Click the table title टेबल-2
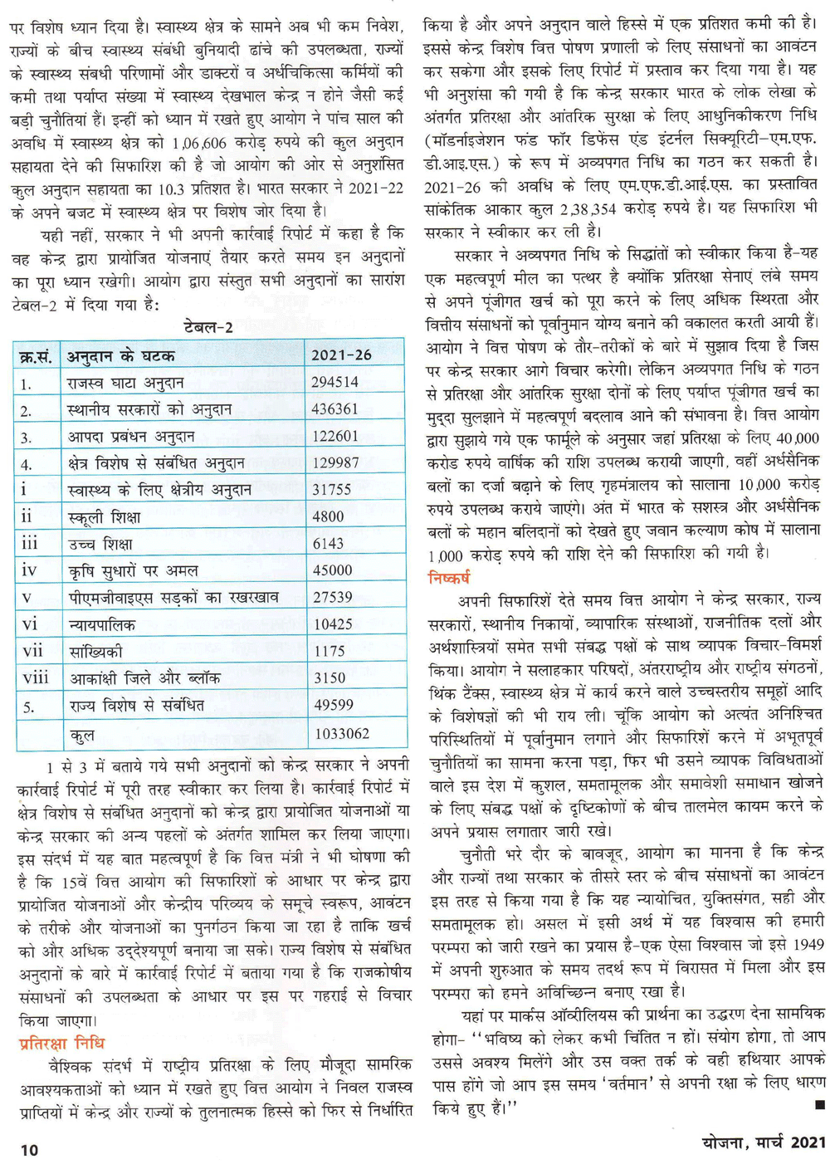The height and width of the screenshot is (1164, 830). pyautogui.click(x=208, y=327)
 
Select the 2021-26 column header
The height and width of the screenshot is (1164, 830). pyautogui.click(x=341, y=355)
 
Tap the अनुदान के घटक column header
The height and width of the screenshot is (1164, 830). pyautogui.click(x=121, y=356)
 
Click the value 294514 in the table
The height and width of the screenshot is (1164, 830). pyautogui.click(x=335, y=383)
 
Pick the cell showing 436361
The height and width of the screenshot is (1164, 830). pyautogui.click(x=335, y=409)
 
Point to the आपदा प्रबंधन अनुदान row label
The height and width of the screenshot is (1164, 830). pyautogui.click(x=131, y=437)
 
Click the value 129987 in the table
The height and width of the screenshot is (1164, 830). pyautogui.click(x=335, y=463)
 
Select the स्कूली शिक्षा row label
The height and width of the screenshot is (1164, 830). pyautogui.click(x=105, y=517)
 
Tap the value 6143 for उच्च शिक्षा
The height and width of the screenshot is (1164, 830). pyautogui.click(x=328, y=544)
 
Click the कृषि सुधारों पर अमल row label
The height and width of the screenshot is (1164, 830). pyautogui.click(x=134, y=570)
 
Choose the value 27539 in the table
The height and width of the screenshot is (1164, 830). pyautogui.click(x=332, y=597)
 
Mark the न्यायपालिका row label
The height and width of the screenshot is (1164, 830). pyautogui.click(x=102, y=624)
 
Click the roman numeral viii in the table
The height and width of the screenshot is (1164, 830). pyautogui.click(x=36, y=678)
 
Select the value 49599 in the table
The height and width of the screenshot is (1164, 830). pyautogui.click(x=334, y=705)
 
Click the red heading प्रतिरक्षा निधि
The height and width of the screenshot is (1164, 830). pyautogui.click(x=61, y=1043)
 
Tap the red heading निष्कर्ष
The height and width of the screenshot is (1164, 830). pyautogui.click(x=449, y=578)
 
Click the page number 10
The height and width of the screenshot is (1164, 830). pyautogui.click(x=29, y=1150)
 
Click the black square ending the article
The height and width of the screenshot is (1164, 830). pyautogui.click(x=819, y=1105)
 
